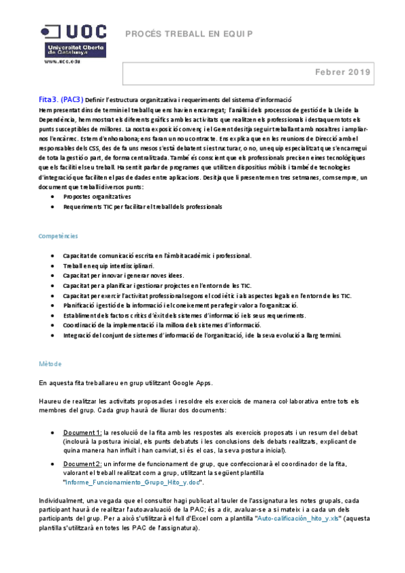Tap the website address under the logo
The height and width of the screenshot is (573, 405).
pyautogui.click(x=63, y=61)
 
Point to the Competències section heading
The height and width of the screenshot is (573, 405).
pyautogui.click(x=58, y=236)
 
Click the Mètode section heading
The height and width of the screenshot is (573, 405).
pyautogui.click(x=49, y=364)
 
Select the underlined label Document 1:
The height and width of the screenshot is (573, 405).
pyautogui.click(x=82, y=432)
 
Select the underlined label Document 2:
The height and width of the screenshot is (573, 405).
pyautogui.click(x=82, y=464)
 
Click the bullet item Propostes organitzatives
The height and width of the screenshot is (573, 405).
pyautogui.click(x=97, y=197)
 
